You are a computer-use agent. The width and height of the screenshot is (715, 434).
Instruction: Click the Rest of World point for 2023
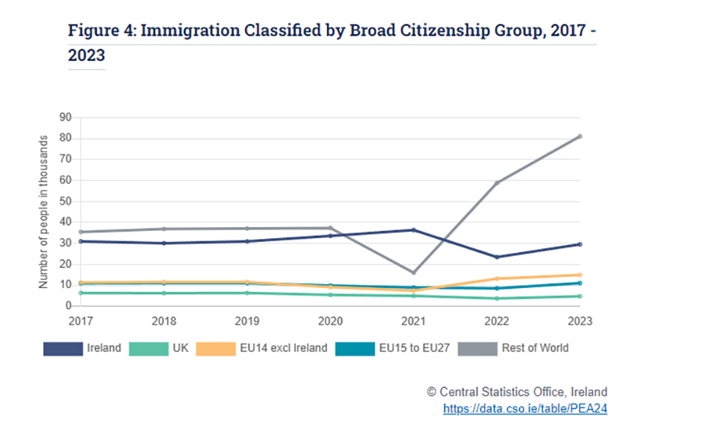click(x=579, y=136)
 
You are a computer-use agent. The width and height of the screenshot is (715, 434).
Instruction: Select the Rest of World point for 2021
click(x=413, y=272)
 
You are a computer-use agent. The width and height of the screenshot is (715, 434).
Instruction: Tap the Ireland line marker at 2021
click(x=413, y=230)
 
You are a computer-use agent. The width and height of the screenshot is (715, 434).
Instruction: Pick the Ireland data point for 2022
click(x=497, y=257)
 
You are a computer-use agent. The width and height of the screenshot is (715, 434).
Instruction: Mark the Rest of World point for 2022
click(x=497, y=182)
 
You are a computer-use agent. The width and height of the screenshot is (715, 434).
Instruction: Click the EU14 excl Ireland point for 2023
click(x=579, y=275)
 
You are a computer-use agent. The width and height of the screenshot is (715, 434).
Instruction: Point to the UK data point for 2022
click(x=497, y=299)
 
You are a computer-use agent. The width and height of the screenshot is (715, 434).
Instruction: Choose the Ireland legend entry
click(x=83, y=348)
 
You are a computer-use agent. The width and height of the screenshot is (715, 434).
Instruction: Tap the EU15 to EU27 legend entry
click(x=390, y=348)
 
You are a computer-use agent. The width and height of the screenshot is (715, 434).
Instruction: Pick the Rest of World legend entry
click(x=514, y=348)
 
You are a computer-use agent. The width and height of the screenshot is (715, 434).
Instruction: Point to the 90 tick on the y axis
click(x=65, y=117)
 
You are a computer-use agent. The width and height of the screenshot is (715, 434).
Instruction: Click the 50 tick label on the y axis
click(x=65, y=201)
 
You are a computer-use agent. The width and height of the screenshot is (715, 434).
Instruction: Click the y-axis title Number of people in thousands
click(x=44, y=211)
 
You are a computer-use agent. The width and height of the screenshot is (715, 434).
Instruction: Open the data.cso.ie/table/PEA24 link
click(x=525, y=409)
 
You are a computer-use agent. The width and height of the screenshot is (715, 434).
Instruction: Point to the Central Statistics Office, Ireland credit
click(x=517, y=392)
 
